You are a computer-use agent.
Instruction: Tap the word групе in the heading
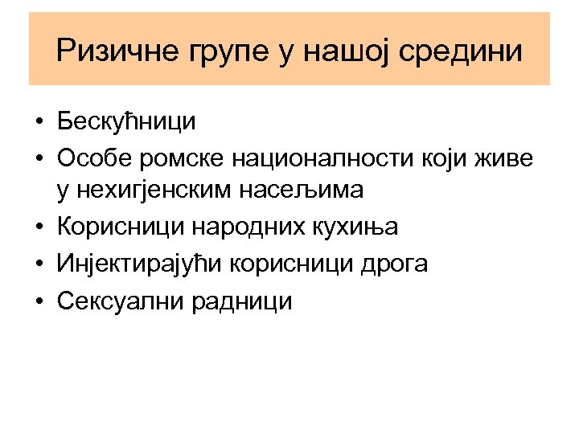point(212,53)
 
